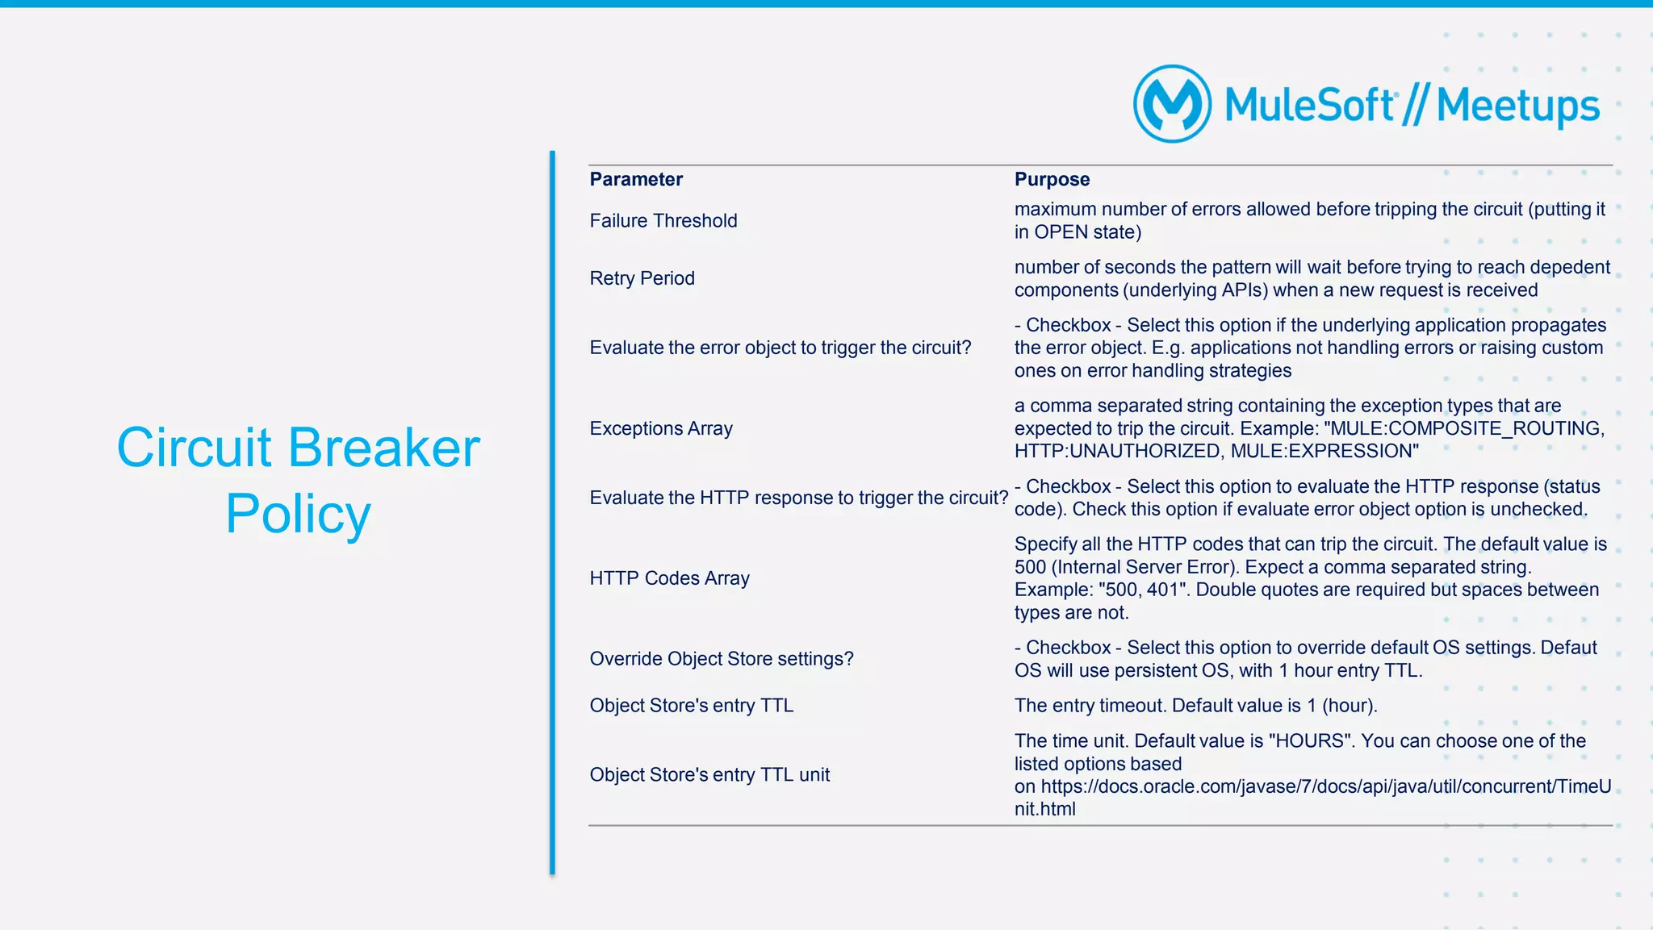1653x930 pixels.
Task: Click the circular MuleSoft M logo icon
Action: pyautogui.click(x=1172, y=104)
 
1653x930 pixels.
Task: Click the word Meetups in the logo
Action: pyautogui.click(x=1517, y=106)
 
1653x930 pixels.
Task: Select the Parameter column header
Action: pyautogui.click(x=636, y=179)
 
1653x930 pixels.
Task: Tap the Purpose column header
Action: pyautogui.click(x=1052, y=179)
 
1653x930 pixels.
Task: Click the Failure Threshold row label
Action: pyautogui.click(x=663, y=221)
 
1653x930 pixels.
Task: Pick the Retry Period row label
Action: pyautogui.click(x=642, y=278)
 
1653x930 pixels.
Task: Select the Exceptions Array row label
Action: pyautogui.click(x=661, y=428)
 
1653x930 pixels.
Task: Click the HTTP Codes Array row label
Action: pyautogui.click(x=669, y=578)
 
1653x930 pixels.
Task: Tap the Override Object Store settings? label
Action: pyautogui.click(x=721, y=659)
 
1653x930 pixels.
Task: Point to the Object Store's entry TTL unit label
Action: pyautogui.click(x=709, y=775)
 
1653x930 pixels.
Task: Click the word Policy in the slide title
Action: pyautogui.click(x=298, y=514)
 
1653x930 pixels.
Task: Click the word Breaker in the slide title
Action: pyautogui.click(x=384, y=448)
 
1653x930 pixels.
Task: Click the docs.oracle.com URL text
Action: pyautogui.click(x=1312, y=786)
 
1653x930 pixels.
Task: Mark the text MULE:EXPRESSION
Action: pyautogui.click(x=1324, y=452)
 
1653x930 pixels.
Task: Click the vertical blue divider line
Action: pyautogui.click(x=552, y=512)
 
